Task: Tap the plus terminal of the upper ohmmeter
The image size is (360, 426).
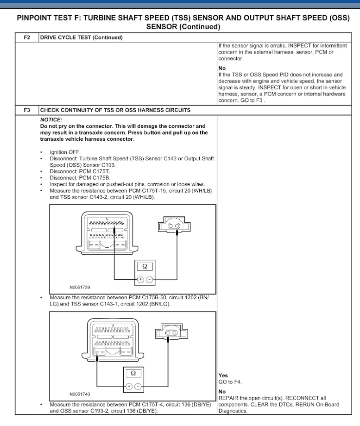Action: pyautogui.click(x=140, y=279)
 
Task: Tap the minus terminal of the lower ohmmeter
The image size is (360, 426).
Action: pyautogui.click(x=138, y=386)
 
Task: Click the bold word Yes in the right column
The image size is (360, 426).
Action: pyautogui.click(x=224, y=375)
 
